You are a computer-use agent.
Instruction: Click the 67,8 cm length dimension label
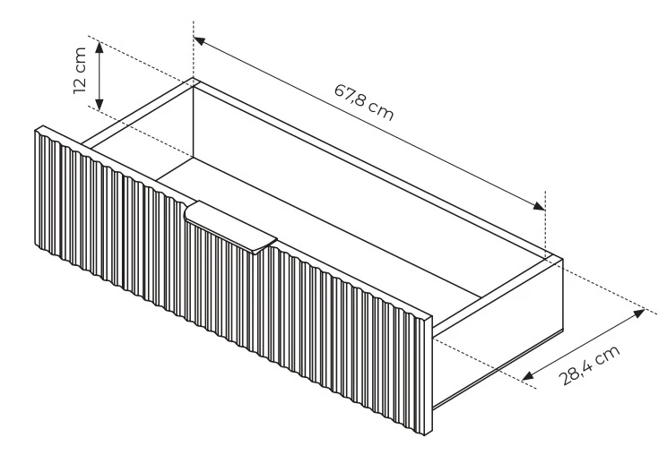(x=364, y=102)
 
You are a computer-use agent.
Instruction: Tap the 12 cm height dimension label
(x=80, y=71)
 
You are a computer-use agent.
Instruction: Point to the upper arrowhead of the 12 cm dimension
(x=100, y=47)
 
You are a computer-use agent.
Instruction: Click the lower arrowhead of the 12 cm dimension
(x=100, y=104)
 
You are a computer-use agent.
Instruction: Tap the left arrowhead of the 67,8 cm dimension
(x=200, y=41)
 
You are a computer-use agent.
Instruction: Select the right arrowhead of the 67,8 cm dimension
(x=539, y=206)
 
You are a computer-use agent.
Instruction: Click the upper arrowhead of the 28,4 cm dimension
(x=639, y=314)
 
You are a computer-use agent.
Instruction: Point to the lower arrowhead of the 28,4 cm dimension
(x=528, y=375)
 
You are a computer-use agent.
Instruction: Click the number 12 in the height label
(x=80, y=85)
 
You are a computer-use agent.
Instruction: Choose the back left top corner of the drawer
(x=194, y=79)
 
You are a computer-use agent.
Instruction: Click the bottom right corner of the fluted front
(x=425, y=435)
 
